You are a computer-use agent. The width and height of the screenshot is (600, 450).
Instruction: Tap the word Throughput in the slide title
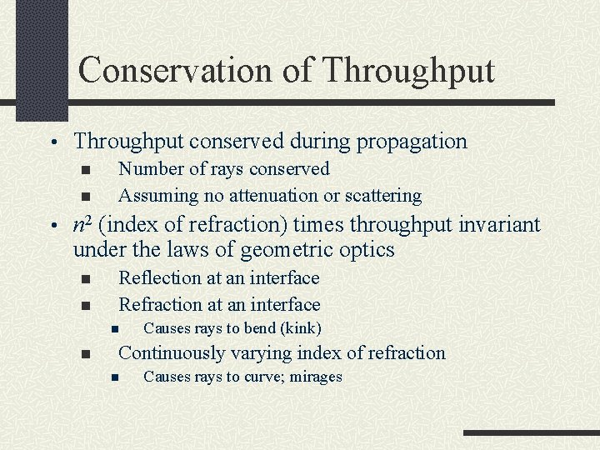pyautogui.click(x=407, y=70)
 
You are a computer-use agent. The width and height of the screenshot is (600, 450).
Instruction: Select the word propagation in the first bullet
pyautogui.click(x=412, y=142)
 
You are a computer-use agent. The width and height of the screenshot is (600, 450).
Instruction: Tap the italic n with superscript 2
pyautogui.click(x=82, y=224)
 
